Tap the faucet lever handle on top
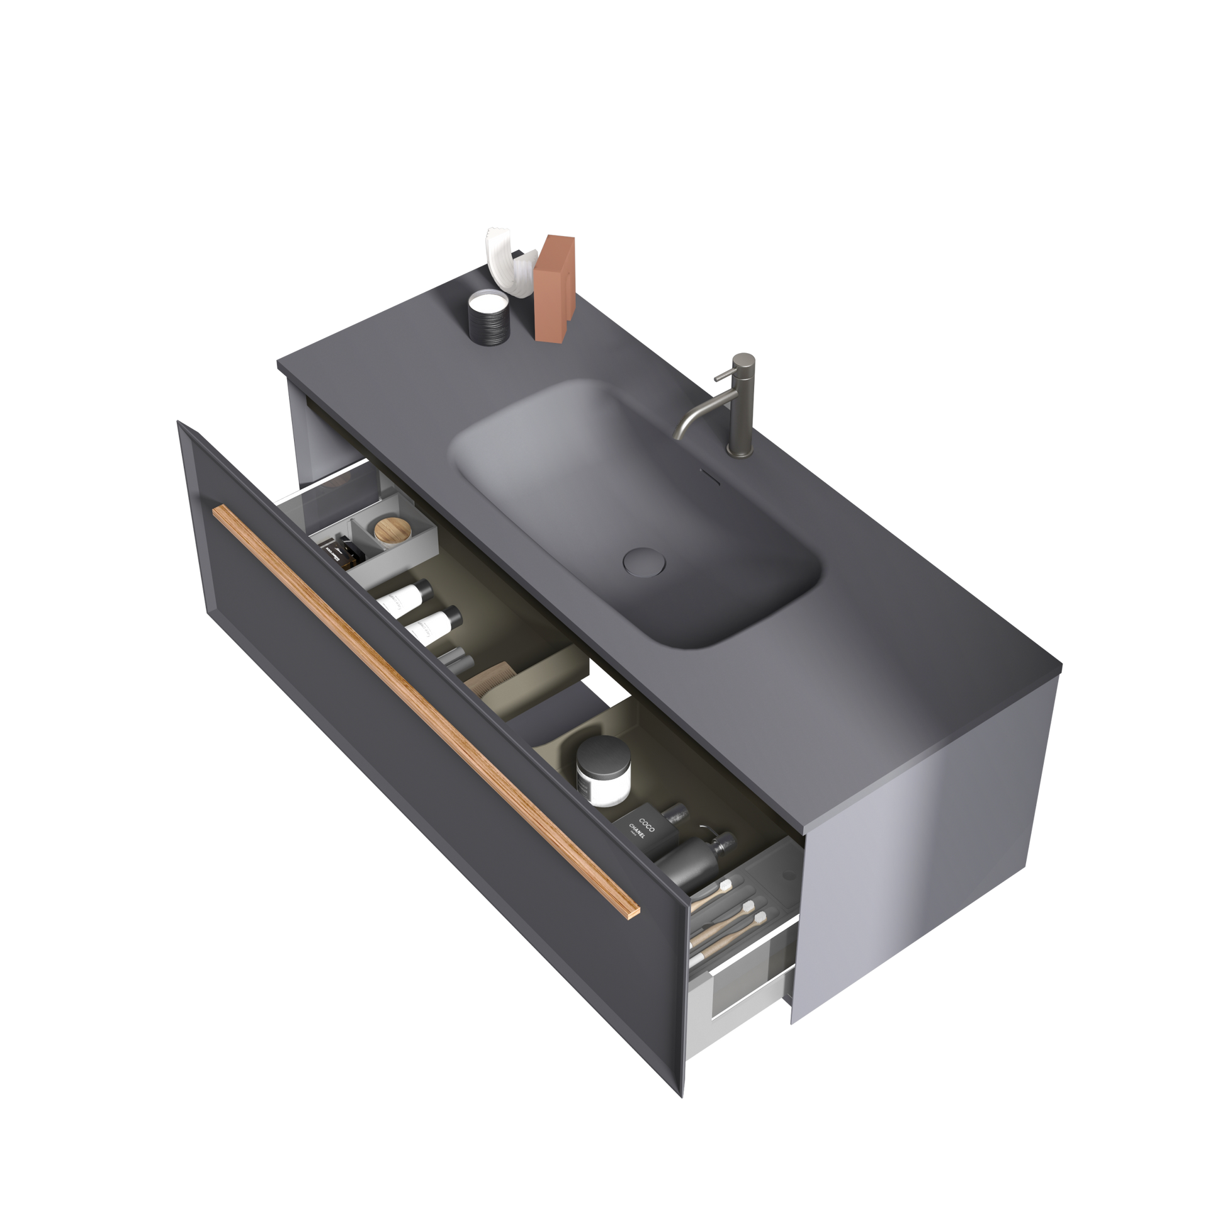[x=721, y=377]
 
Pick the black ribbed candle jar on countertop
[x=489, y=320]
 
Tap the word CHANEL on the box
[x=636, y=830]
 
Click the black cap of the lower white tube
[x=450, y=614]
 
